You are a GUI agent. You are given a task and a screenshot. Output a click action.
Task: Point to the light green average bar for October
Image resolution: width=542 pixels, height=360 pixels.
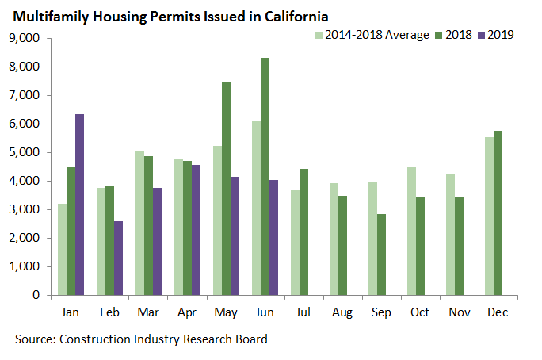click(x=410, y=231)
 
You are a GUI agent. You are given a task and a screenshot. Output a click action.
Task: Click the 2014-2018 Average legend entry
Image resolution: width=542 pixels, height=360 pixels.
click(x=372, y=35)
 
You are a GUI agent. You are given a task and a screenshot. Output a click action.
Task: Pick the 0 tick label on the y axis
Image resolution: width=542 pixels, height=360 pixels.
click(x=36, y=295)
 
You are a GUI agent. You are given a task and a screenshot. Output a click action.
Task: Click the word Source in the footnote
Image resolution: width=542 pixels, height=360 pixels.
click(x=32, y=339)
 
